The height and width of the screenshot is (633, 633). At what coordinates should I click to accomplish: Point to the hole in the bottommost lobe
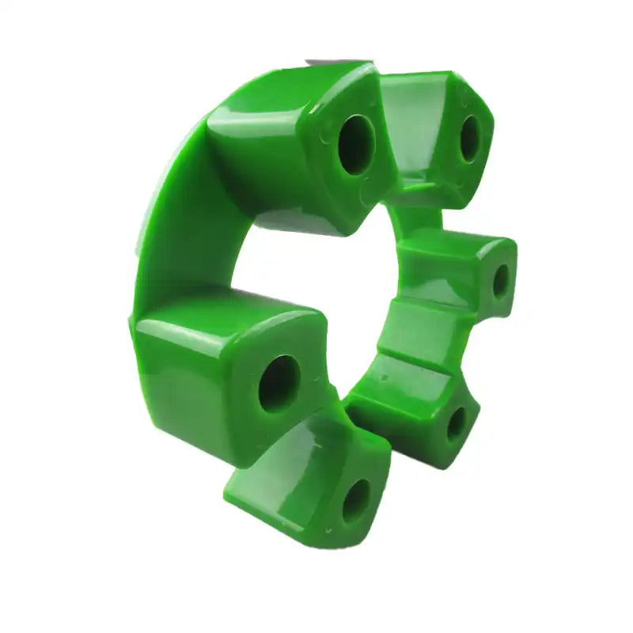355,499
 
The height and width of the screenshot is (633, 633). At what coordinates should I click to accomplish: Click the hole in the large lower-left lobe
279,382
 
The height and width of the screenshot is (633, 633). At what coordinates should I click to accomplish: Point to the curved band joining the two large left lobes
170,229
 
